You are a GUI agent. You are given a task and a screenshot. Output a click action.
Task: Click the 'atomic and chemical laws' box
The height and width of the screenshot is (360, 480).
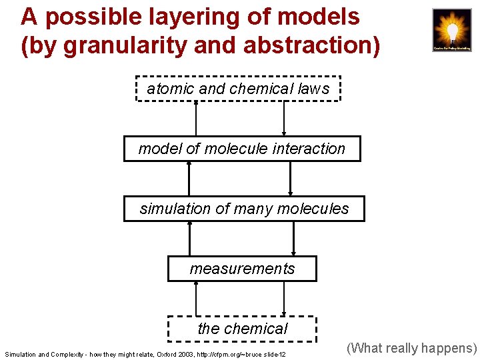(238, 89)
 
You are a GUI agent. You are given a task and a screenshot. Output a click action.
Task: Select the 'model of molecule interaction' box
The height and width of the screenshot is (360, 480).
(241, 149)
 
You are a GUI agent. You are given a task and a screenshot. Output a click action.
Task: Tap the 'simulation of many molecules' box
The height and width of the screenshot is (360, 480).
(244, 209)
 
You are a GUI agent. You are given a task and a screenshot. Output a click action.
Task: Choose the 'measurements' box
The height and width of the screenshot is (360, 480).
(242, 269)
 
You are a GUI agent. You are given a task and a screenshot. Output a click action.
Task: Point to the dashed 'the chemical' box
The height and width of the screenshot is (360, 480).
(242, 328)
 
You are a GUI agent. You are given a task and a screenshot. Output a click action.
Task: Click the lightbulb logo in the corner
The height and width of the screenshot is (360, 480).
(451, 30)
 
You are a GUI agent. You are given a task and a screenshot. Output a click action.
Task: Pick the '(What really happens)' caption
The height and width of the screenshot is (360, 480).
(412, 348)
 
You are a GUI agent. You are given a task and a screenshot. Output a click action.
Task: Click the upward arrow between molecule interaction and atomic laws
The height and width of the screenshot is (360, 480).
(196, 119)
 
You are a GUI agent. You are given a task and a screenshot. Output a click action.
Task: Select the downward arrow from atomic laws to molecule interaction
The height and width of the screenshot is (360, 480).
(284, 119)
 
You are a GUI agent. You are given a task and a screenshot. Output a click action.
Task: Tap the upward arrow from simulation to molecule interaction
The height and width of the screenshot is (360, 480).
(189, 179)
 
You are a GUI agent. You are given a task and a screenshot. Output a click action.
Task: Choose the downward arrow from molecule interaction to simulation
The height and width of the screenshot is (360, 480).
(291, 179)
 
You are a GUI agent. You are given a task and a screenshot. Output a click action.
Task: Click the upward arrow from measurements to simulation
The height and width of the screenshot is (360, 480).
(189, 239)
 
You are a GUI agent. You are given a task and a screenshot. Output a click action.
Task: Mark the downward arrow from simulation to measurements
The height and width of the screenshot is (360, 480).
(294, 239)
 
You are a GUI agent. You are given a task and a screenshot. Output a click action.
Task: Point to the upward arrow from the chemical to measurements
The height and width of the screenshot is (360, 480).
(196, 299)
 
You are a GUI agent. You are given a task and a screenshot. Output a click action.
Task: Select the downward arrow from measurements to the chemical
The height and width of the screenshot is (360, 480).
(284, 299)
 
